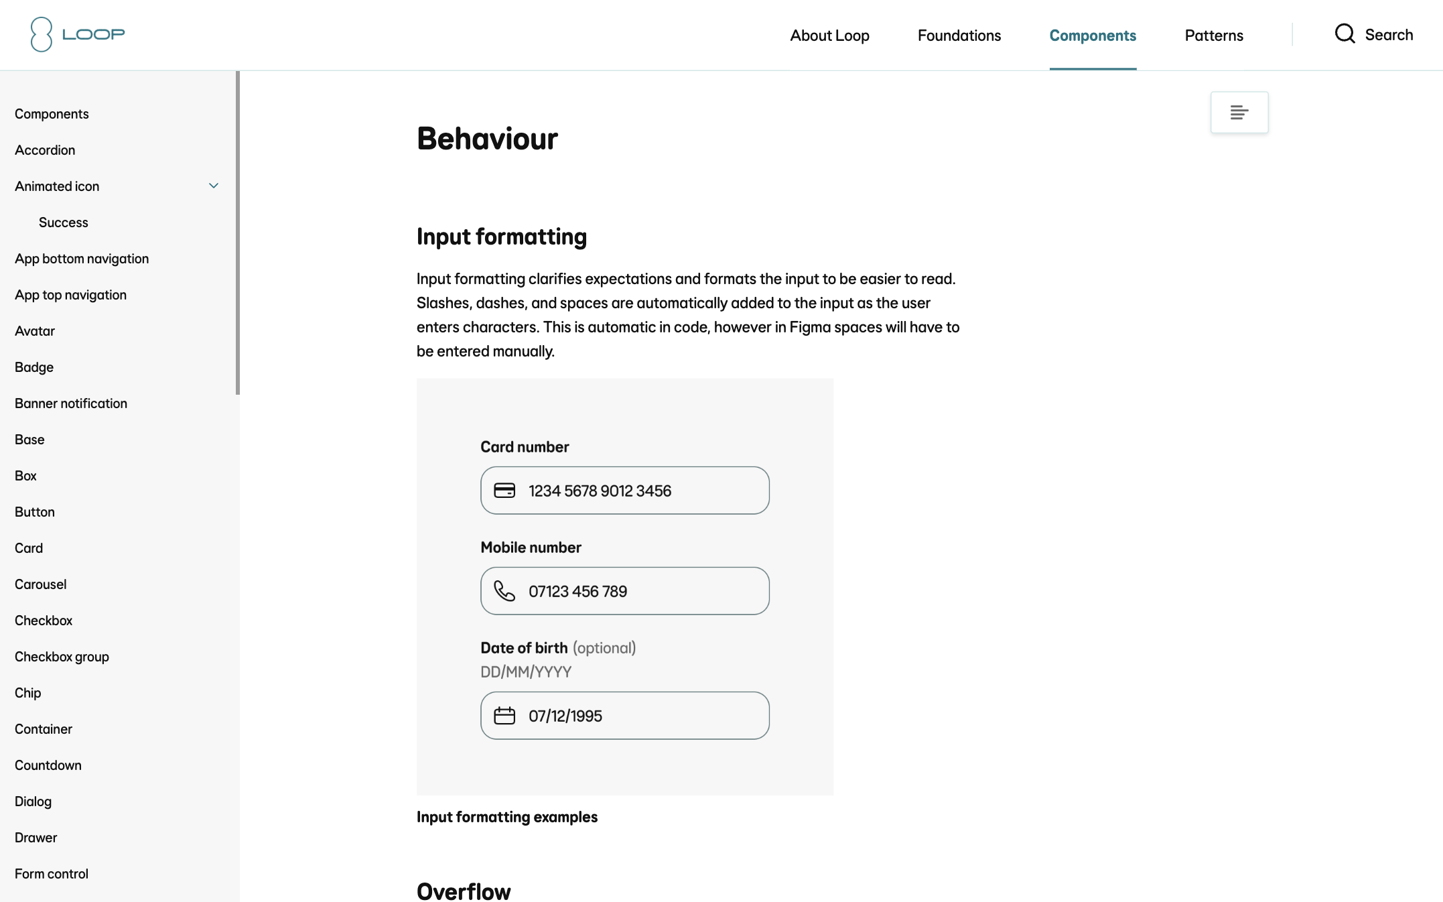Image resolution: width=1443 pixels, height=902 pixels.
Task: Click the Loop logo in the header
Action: coord(78,34)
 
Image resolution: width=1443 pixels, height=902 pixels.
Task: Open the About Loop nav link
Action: coord(829,36)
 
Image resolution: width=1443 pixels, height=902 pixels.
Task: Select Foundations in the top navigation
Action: coord(959,36)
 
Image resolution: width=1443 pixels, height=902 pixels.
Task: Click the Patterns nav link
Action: coord(1214,36)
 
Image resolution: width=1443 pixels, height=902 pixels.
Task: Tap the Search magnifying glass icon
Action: coord(1345,34)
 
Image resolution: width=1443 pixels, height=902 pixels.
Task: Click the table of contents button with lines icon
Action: coord(1239,113)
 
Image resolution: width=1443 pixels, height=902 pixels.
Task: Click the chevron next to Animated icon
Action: coord(214,186)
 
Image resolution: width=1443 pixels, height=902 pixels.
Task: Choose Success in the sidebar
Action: coord(64,222)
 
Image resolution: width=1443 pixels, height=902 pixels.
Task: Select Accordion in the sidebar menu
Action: coord(45,150)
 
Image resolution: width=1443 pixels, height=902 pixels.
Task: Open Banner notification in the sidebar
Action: coord(71,403)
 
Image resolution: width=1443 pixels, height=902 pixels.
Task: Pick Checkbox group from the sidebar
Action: coord(62,657)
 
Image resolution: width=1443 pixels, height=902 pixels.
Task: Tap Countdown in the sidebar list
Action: coord(48,765)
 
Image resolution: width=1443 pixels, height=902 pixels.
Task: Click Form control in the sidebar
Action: coord(52,874)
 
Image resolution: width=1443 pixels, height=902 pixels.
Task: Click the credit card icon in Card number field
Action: coord(504,491)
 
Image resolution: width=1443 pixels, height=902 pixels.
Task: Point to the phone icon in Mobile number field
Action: coord(504,591)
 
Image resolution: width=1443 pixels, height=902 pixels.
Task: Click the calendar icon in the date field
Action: coord(504,716)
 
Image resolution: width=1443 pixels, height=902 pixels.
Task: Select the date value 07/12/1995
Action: coord(565,716)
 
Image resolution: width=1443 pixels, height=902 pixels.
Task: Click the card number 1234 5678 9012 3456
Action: coord(600,491)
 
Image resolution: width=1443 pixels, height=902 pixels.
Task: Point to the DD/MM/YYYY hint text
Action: coord(526,671)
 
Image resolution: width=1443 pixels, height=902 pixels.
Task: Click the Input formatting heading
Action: coord(502,237)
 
